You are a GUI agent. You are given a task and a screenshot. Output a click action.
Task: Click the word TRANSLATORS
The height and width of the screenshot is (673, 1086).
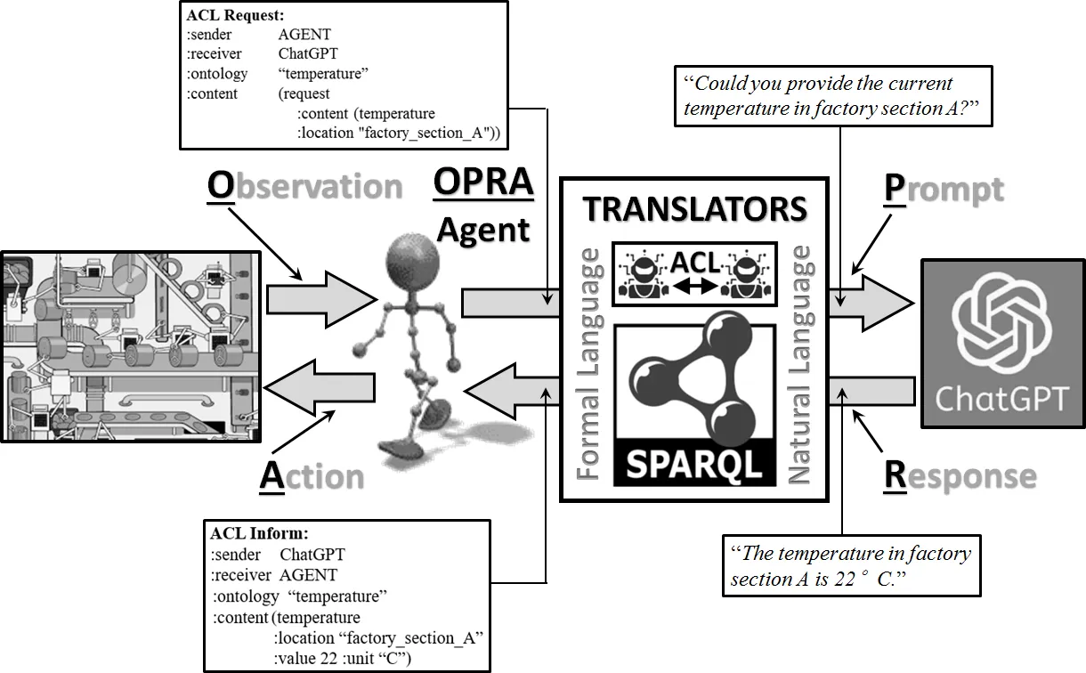[x=694, y=209]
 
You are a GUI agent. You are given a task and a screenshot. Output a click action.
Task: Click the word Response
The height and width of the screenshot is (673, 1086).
[x=960, y=476]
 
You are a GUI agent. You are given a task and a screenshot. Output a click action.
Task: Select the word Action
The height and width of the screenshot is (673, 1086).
[x=312, y=476]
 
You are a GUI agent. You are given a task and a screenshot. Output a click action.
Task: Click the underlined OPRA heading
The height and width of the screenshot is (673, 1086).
[x=483, y=182]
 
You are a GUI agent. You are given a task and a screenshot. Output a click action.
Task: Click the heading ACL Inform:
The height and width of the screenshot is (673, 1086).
[x=259, y=534]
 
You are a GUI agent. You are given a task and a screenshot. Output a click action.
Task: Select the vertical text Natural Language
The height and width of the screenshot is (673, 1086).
[x=800, y=364]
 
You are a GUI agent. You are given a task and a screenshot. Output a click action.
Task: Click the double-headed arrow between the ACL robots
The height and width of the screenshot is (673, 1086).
[x=695, y=286]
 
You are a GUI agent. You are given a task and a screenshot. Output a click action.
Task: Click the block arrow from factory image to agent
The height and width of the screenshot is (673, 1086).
[x=320, y=298]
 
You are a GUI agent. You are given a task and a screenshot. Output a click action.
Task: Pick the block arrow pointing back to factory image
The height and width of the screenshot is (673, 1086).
[x=320, y=388]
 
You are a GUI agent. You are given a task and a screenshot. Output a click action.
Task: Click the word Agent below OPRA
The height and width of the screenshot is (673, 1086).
[x=483, y=230]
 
